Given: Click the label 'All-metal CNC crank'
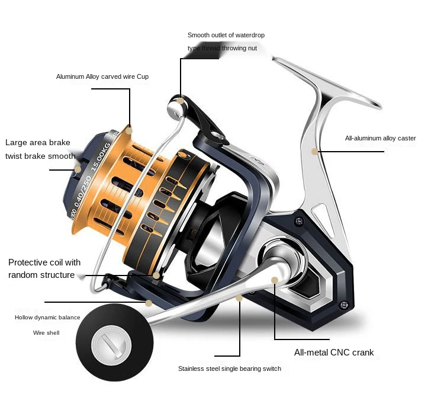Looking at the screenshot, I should click(334, 353).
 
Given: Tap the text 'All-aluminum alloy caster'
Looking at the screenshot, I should click(380, 138).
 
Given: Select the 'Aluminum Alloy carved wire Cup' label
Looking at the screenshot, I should click(102, 76).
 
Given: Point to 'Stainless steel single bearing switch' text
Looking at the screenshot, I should click(229, 369).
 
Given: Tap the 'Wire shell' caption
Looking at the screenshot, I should click(46, 333).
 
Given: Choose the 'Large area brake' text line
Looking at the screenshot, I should click(38, 142).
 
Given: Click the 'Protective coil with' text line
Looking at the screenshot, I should click(44, 262).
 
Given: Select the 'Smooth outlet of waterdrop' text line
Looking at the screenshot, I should click(226, 36).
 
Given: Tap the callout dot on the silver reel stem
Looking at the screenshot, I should click(314, 152).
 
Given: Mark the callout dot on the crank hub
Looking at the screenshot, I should click(275, 280).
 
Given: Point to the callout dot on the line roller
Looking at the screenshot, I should click(180, 101).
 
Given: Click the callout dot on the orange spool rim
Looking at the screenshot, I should click(128, 129).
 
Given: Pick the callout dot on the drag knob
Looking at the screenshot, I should click(77, 169).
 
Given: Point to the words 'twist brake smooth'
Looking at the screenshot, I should click(40, 156).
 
